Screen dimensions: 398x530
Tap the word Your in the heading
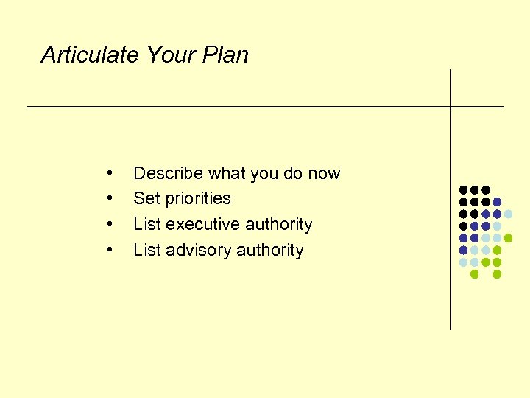[x=172, y=55]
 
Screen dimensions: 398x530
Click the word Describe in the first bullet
[x=168, y=174]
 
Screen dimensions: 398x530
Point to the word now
[x=324, y=174]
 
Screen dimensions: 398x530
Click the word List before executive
[x=147, y=225]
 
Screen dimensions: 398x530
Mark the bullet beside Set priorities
[x=109, y=198]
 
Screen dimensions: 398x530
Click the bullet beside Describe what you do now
[x=109, y=172]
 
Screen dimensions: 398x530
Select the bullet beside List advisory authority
[x=109, y=249]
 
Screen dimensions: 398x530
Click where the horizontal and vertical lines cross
[x=451, y=106]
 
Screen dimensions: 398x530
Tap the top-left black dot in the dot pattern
[x=463, y=190]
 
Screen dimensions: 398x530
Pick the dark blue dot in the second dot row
[x=497, y=202]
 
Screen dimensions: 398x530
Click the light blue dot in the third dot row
[x=508, y=214]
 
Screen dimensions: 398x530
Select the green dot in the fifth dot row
[x=508, y=238]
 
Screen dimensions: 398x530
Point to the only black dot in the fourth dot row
[x=463, y=226]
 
